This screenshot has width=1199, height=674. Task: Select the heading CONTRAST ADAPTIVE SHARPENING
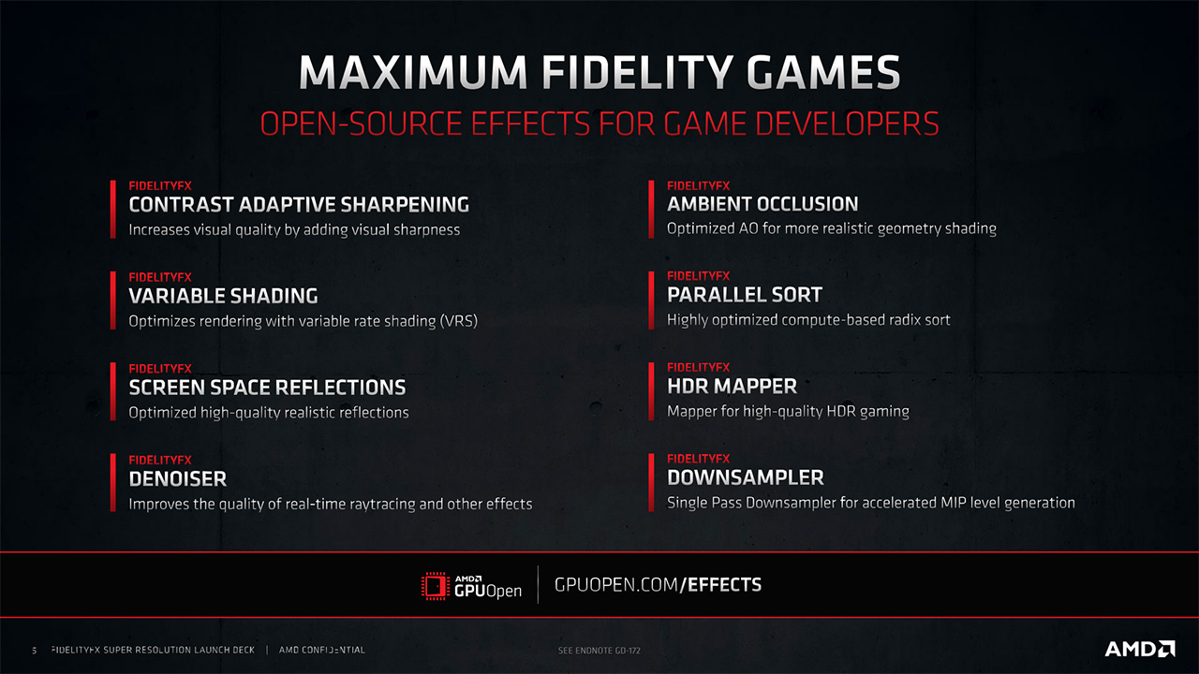[299, 204]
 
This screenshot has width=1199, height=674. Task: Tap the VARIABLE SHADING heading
[223, 296]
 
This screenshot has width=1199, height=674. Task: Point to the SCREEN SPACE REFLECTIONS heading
[267, 388]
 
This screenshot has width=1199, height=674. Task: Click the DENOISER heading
[178, 478]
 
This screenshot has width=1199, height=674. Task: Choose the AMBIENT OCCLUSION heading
[762, 204]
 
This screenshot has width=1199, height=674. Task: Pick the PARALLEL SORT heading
[744, 295]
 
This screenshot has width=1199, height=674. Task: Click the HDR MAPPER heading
[732, 387]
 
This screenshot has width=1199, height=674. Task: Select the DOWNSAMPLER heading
[745, 477]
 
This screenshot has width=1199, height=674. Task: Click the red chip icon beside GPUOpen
[435, 586]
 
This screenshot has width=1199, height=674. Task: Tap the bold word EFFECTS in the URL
[724, 585]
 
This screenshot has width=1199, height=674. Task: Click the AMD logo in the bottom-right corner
[1140, 649]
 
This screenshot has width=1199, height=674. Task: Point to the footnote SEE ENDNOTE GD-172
[599, 651]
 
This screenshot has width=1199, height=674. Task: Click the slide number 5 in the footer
[35, 651]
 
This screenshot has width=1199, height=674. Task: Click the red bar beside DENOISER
[113, 482]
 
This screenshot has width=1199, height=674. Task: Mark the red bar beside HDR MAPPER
[651, 391]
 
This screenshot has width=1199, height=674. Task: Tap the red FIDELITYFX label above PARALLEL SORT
[698, 276]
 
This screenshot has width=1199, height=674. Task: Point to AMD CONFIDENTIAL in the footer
[321, 650]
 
